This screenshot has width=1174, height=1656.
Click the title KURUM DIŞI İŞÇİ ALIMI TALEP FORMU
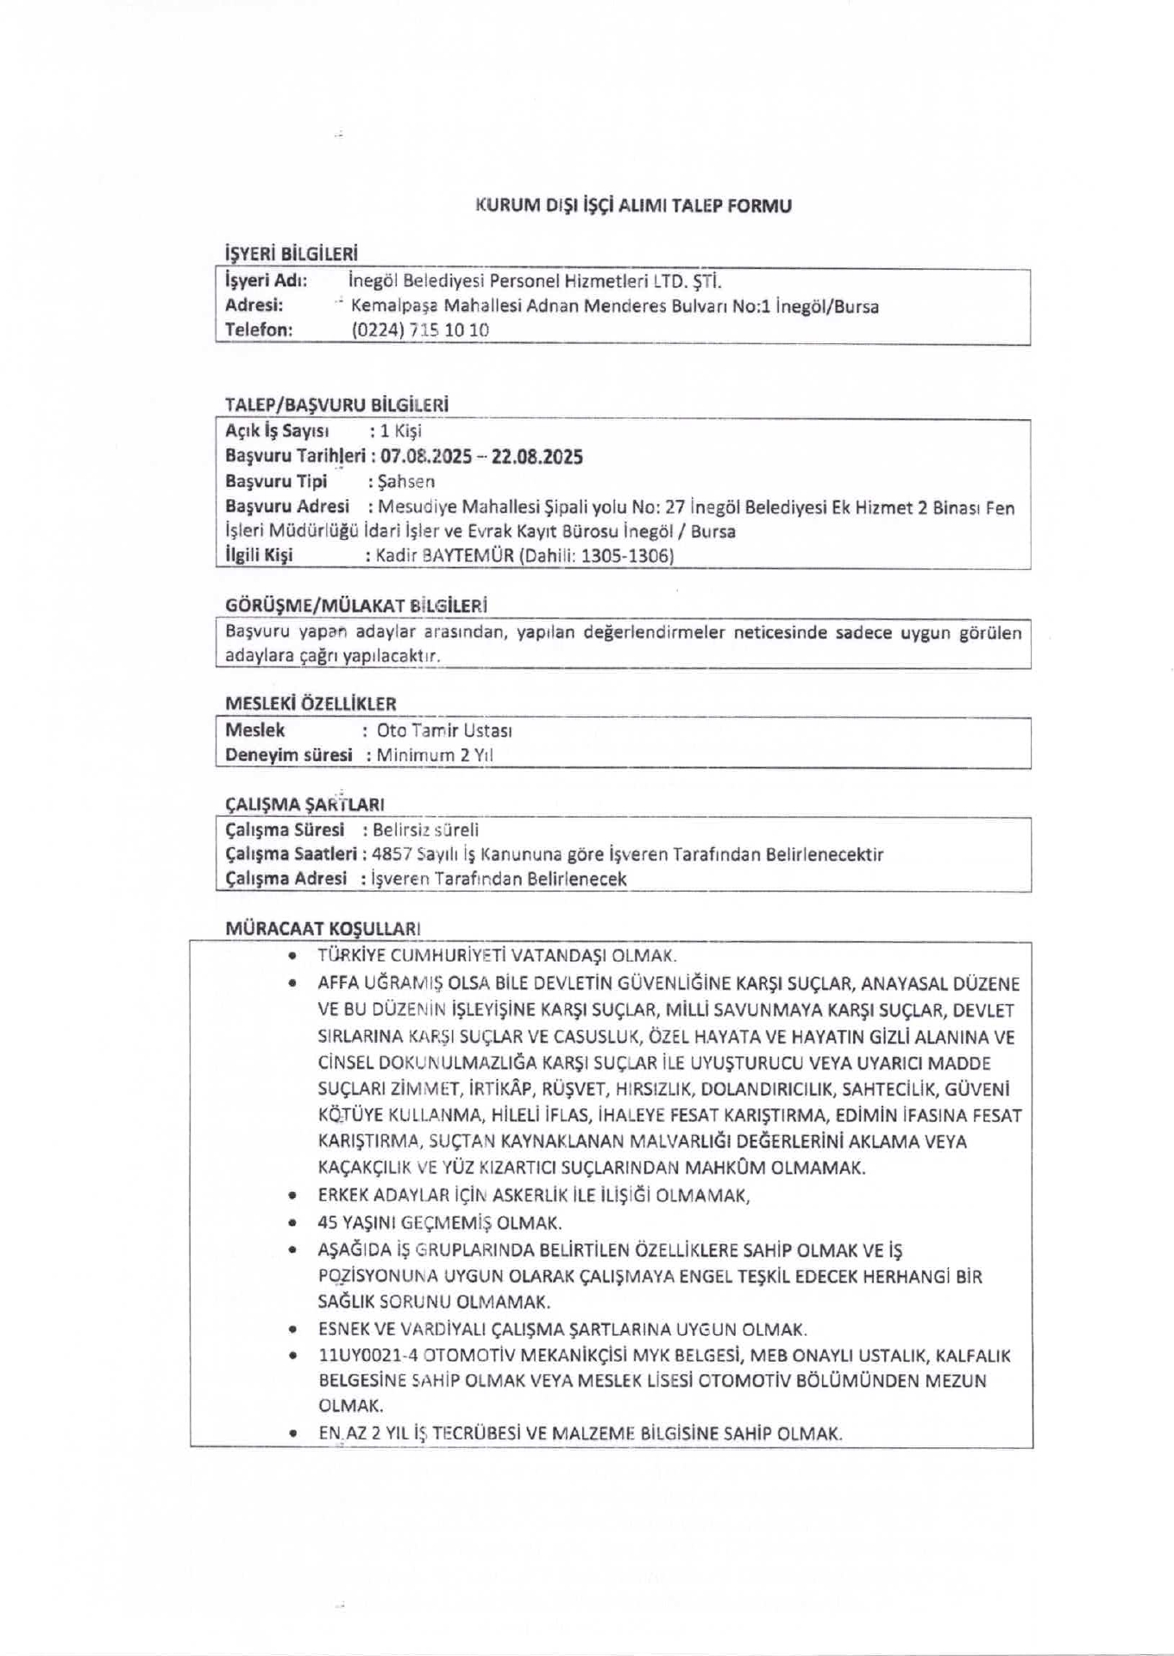(633, 206)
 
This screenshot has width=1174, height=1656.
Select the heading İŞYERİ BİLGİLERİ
(291, 254)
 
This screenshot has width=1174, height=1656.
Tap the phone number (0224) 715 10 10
(420, 329)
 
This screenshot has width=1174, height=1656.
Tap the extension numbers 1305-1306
(626, 555)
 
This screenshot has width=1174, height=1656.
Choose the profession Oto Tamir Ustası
(445, 731)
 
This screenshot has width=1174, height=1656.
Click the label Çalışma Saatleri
(291, 854)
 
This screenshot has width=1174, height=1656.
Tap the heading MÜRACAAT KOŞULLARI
(323, 929)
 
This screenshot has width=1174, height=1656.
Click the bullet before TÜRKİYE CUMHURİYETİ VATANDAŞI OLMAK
(294, 956)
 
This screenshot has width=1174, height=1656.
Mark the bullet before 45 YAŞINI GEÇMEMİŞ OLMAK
(294, 1223)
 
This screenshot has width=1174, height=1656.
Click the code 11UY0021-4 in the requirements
(357, 1356)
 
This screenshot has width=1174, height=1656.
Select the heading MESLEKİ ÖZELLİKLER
(311, 704)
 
